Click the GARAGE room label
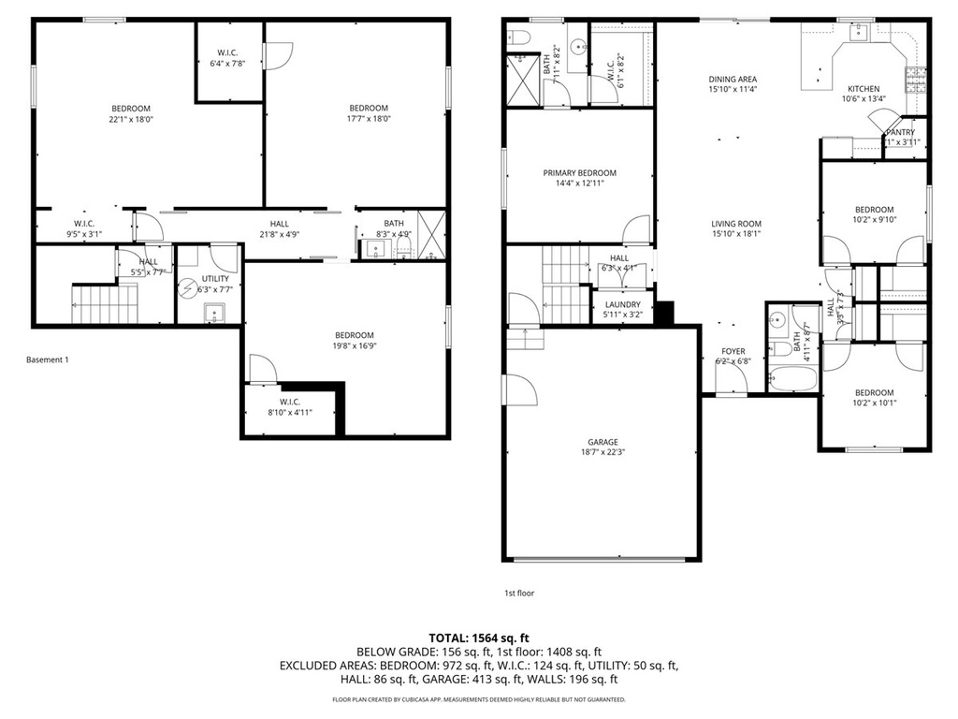coord(602,442)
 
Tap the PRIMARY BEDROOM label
coord(580,173)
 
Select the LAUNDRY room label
coord(622,304)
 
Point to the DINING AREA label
coord(733,80)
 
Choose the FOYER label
coord(733,351)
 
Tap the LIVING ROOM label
coord(736,224)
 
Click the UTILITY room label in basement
coord(215,279)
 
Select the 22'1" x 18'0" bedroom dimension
coord(131,119)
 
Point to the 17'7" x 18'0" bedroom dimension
coord(368,119)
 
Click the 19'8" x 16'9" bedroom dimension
coord(355,346)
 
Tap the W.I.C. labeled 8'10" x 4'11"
coord(289,406)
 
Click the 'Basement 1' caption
coord(48,359)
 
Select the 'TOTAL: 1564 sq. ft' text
coord(478,636)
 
